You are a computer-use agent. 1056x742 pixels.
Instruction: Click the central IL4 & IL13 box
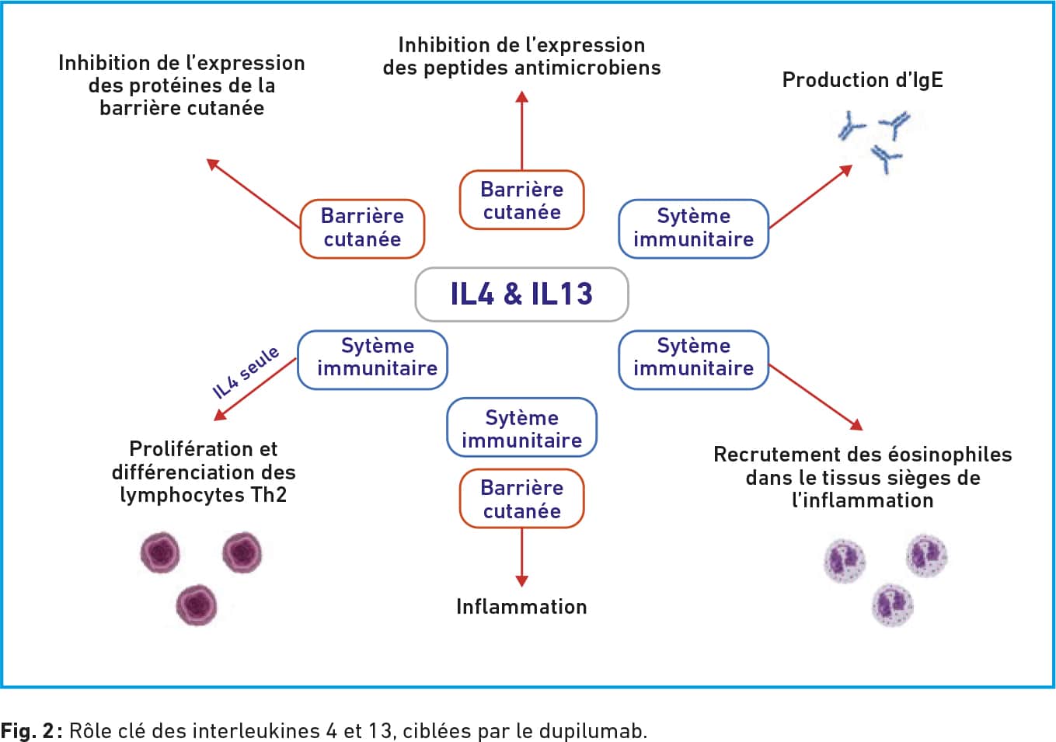click(522, 294)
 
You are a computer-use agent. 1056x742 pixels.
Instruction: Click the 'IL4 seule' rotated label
click(246, 372)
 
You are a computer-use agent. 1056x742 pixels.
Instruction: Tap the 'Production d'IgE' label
click(863, 80)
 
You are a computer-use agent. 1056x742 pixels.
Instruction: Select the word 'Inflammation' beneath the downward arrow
click(521, 607)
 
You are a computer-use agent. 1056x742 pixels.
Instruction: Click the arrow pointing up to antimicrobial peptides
click(522, 130)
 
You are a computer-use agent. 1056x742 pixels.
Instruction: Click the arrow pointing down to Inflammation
click(522, 557)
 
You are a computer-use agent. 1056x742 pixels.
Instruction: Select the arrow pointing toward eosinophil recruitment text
click(816, 397)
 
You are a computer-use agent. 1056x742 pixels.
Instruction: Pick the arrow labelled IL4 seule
click(255, 389)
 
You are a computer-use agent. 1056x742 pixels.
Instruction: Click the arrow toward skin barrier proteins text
click(253, 193)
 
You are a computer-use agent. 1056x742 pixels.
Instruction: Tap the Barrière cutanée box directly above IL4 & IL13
click(522, 200)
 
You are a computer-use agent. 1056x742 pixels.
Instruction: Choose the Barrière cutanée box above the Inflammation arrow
click(522, 499)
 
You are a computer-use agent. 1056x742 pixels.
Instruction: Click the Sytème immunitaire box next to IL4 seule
click(372, 361)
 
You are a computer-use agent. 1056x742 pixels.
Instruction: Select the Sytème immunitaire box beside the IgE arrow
click(694, 229)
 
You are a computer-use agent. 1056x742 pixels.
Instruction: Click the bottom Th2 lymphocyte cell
click(197, 604)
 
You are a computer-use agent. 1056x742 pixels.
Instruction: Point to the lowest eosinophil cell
click(892, 605)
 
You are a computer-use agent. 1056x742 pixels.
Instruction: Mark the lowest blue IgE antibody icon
click(886, 159)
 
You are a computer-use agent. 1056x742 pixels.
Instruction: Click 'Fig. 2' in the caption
click(27, 730)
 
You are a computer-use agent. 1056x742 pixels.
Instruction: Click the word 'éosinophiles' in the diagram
click(950, 455)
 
